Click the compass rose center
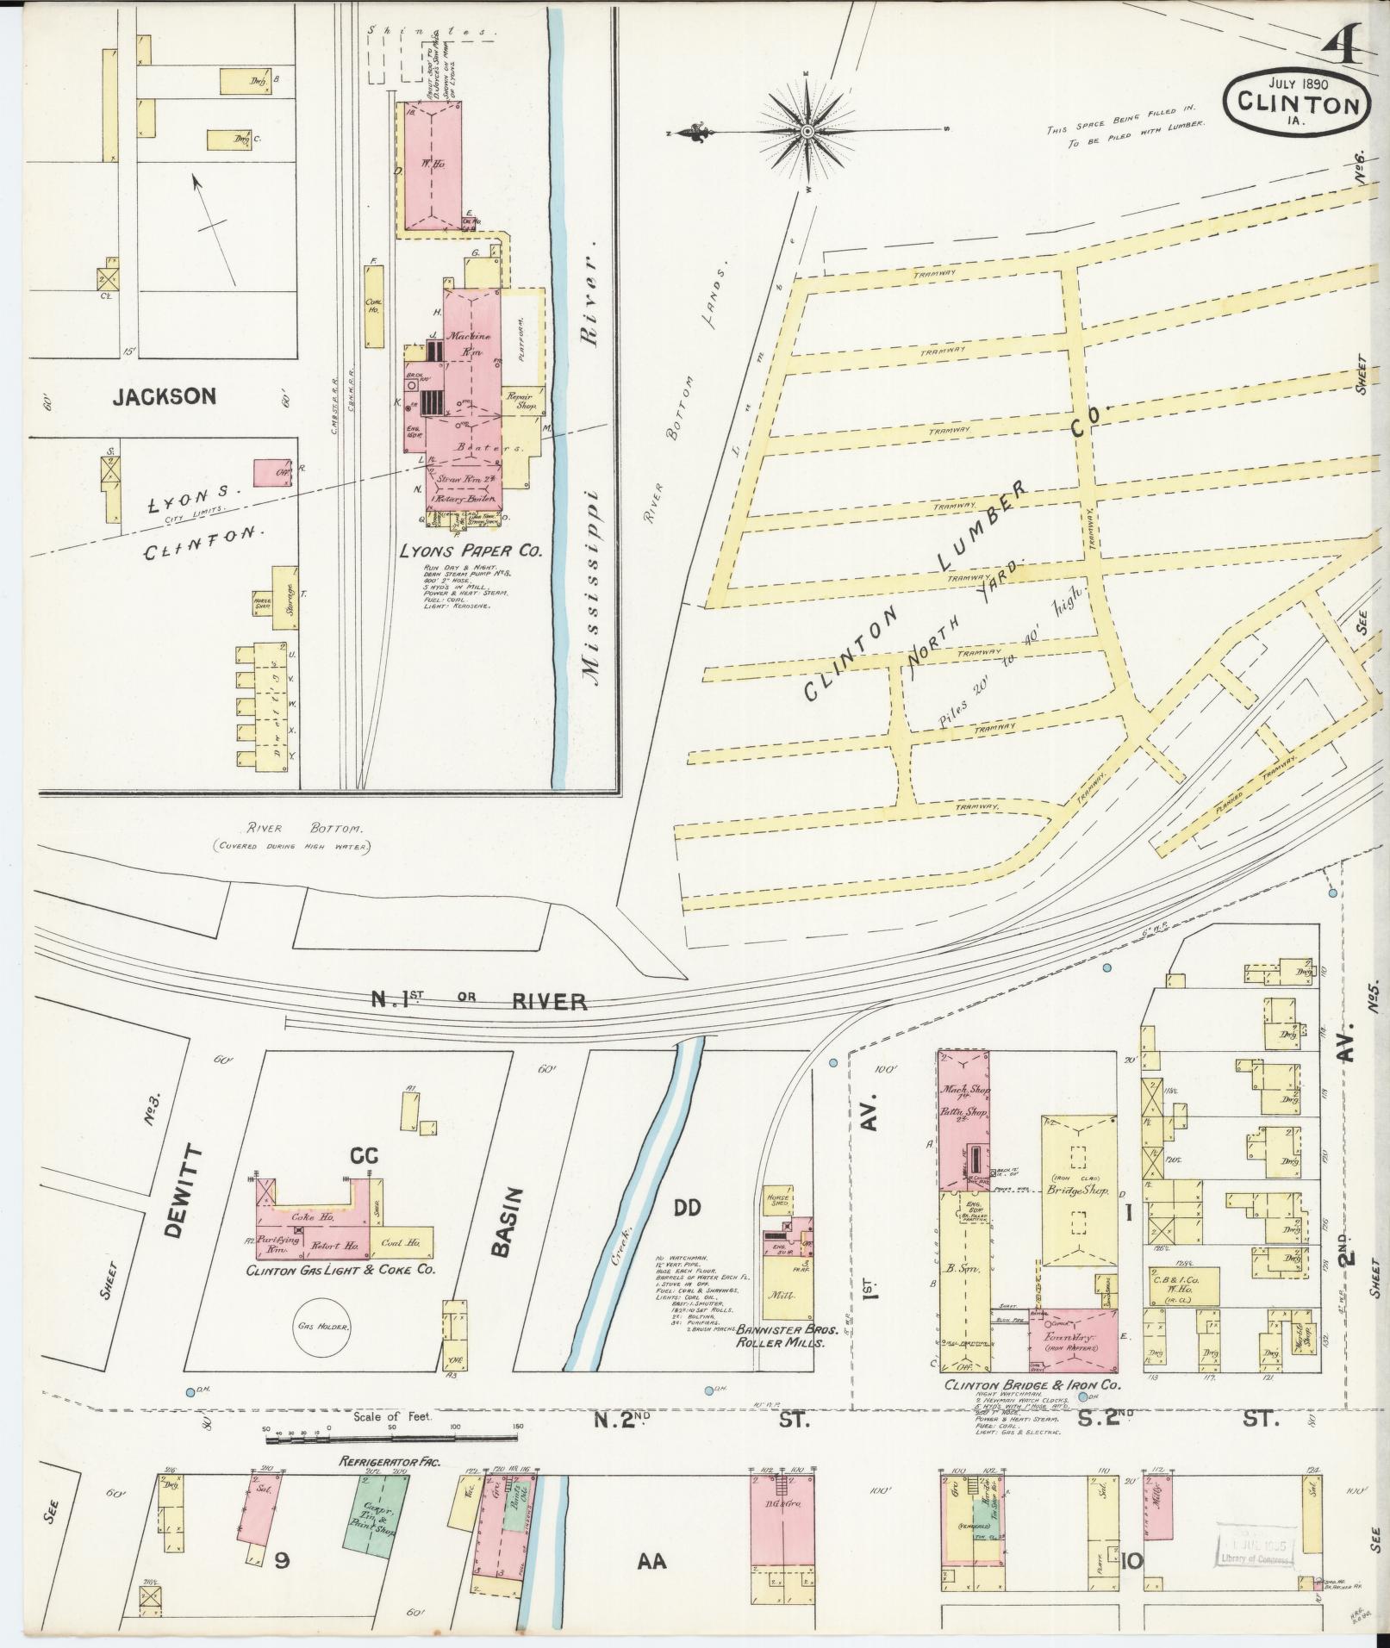coord(807,131)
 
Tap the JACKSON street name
coord(164,396)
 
